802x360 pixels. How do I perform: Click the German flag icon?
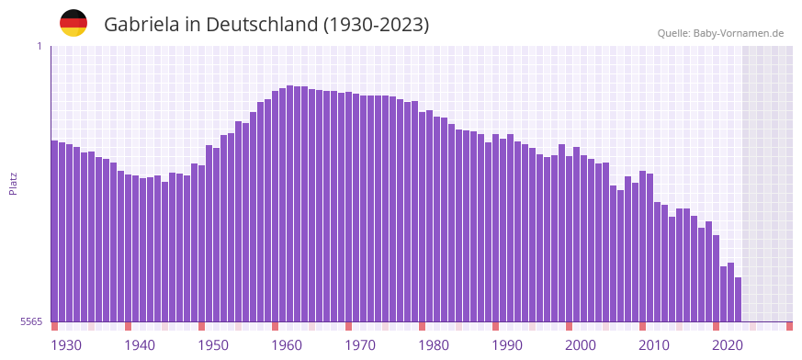[x=73, y=23]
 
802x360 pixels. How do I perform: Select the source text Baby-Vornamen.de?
[x=739, y=33]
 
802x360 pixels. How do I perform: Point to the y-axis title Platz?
[x=13, y=183]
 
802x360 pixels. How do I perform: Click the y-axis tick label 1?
[x=40, y=46]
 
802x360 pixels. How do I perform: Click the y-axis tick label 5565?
[x=30, y=321]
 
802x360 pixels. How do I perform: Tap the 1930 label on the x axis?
[x=66, y=345]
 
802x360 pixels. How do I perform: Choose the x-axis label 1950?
[x=213, y=345]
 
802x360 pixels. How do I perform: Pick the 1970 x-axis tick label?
[x=360, y=345]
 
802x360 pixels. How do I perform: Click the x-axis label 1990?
[x=507, y=345]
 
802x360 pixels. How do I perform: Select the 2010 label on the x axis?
[x=654, y=345]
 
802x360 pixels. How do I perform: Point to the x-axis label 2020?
[x=728, y=345]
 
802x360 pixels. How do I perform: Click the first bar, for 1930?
[x=55, y=230]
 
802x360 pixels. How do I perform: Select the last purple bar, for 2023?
[x=738, y=298]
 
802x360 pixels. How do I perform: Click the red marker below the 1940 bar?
[x=128, y=326]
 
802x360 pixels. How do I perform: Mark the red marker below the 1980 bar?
[x=422, y=326]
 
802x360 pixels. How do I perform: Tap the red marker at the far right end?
[x=789, y=326]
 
